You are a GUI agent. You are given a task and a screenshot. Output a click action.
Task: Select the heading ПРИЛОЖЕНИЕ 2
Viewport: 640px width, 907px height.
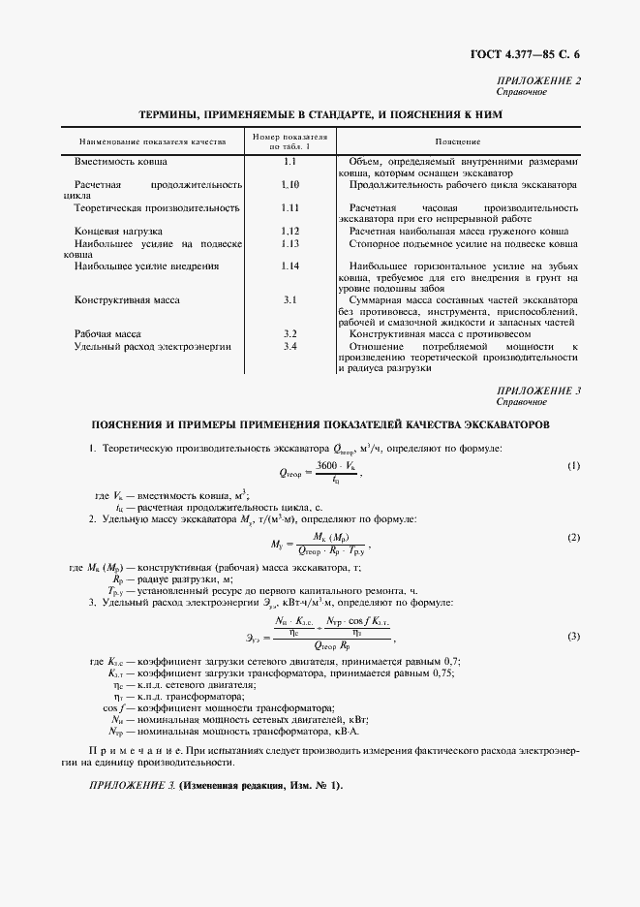(538, 80)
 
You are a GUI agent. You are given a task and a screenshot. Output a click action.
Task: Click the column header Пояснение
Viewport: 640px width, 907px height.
(458, 141)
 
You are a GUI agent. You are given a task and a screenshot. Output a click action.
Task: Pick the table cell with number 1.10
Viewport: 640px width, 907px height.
(290, 183)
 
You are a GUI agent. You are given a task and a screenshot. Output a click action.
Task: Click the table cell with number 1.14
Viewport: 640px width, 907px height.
(290, 266)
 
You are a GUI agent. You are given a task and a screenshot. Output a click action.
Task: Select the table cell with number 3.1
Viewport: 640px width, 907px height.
(290, 300)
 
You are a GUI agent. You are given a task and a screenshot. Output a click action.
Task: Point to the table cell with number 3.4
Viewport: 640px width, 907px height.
(290, 346)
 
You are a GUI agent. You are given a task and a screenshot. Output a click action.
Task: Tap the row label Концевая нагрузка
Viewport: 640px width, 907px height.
(119, 231)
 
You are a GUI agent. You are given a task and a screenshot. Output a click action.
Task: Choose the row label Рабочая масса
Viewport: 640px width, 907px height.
(108, 333)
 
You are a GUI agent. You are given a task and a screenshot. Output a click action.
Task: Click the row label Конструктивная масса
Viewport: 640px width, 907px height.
(127, 300)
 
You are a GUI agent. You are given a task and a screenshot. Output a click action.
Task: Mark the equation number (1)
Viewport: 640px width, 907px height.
(573, 466)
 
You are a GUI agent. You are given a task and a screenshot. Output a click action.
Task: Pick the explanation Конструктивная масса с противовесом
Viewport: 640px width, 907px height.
(437, 333)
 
